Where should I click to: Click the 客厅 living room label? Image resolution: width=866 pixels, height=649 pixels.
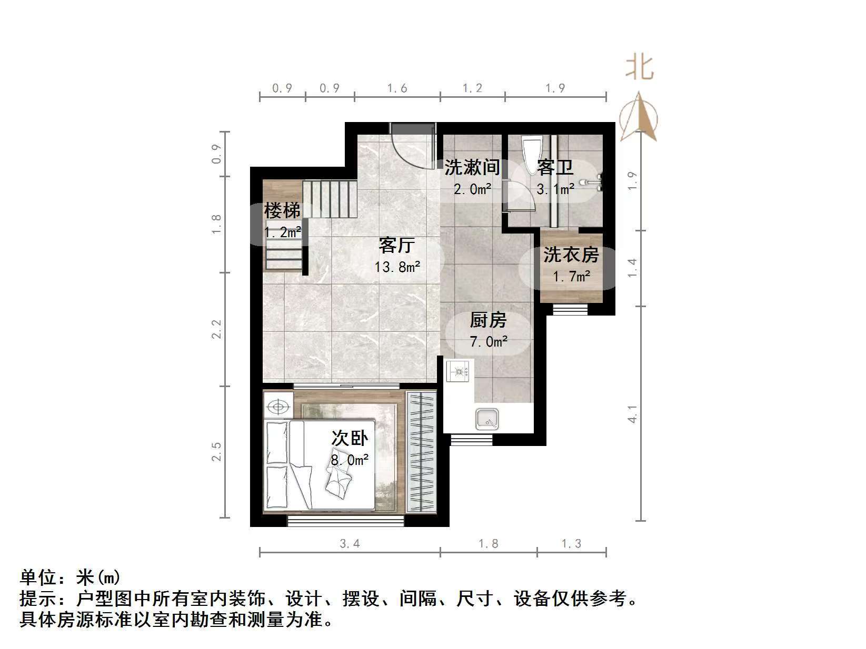click(397, 245)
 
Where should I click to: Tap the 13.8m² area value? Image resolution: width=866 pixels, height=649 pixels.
click(397, 267)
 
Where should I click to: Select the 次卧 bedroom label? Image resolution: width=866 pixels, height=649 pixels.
click(350, 438)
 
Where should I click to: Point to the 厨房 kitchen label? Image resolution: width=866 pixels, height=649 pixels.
click(488, 320)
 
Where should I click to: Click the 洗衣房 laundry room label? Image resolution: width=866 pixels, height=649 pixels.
click(571, 255)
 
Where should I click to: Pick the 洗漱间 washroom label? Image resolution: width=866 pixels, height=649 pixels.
click(472, 167)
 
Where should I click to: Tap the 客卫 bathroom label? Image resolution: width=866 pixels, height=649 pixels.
click(555, 168)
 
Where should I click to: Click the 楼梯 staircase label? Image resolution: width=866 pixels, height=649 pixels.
click(282, 211)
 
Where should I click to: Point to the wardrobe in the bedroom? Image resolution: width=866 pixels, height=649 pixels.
click(422, 453)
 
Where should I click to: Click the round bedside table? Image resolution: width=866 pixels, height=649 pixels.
click(278, 407)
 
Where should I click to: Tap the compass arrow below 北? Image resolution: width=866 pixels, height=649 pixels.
click(639, 117)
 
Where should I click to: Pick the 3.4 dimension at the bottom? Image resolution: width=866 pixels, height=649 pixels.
click(350, 544)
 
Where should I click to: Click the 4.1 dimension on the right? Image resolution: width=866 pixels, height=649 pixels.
click(633, 413)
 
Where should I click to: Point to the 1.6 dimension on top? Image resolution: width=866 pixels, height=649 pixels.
click(397, 88)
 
